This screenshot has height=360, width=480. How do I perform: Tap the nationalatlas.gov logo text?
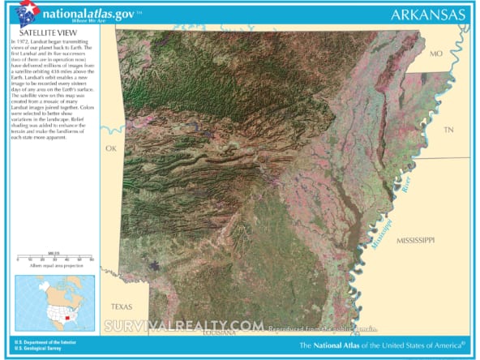pos(83,13)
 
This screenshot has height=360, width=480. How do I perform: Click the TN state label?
pos(448,130)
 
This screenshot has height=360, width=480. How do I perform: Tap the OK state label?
pos(111,148)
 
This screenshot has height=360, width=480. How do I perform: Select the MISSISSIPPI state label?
pos(416,241)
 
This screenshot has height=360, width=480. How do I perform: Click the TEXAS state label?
pos(122,306)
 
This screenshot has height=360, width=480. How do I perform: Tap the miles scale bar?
pos(54,259)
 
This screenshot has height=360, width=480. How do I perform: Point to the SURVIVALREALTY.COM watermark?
pos(184,325)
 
